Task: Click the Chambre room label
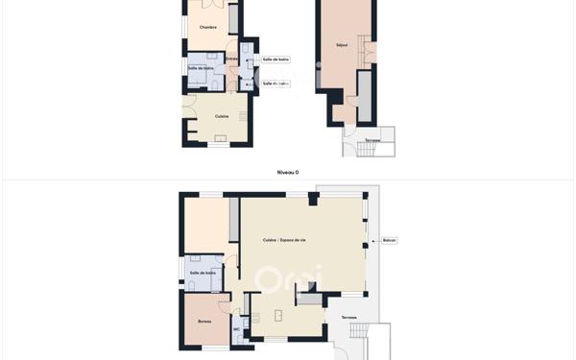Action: (x=207, y=27)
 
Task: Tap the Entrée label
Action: (x=232, y=59)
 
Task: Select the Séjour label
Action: (x=342, y=45)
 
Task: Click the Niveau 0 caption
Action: (x=288, y=173)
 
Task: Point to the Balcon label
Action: (x=389, y=240)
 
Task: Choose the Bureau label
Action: (x=204, y=321)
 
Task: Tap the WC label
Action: (x=236, y=329)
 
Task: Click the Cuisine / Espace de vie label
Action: (x=284, y=240)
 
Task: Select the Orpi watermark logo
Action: (x=288, y=279)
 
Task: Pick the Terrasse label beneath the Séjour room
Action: (x=372, y=141)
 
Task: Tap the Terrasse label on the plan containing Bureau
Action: (x=348, y=318)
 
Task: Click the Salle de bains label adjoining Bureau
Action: (x=204, y=273)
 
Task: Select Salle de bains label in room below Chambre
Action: (x=202, y=67)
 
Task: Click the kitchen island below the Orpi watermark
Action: (x=278, y=315)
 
